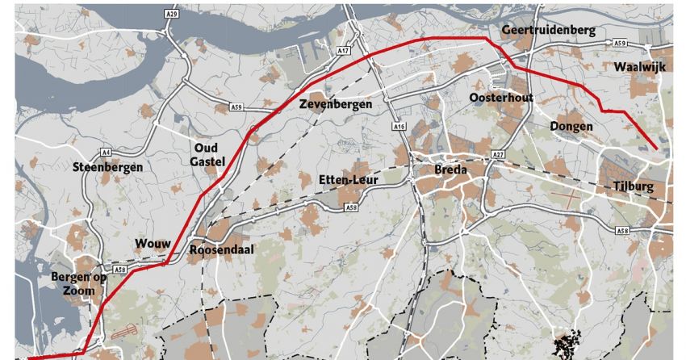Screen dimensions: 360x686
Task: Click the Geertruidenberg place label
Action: [x=548, y=31]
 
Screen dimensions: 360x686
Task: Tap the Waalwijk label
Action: [x=638, y=67]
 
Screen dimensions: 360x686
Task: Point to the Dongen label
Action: [x=571, y=126]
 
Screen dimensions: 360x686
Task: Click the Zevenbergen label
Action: [x=335, y=105]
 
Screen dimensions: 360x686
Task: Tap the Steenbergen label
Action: [x=107, y=167]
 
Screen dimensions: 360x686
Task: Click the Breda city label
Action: [x=450, y=170]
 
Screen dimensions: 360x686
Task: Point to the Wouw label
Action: [x=152, y=245]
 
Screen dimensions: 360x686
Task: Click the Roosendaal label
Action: [x=222, y=250]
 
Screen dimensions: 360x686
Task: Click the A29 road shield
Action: [x=170, y=13]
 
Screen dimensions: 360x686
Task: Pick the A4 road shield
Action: [x=106, y=152]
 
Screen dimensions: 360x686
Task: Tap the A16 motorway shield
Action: [x=399, y=128]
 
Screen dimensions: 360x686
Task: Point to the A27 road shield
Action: [x=497, y=154]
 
